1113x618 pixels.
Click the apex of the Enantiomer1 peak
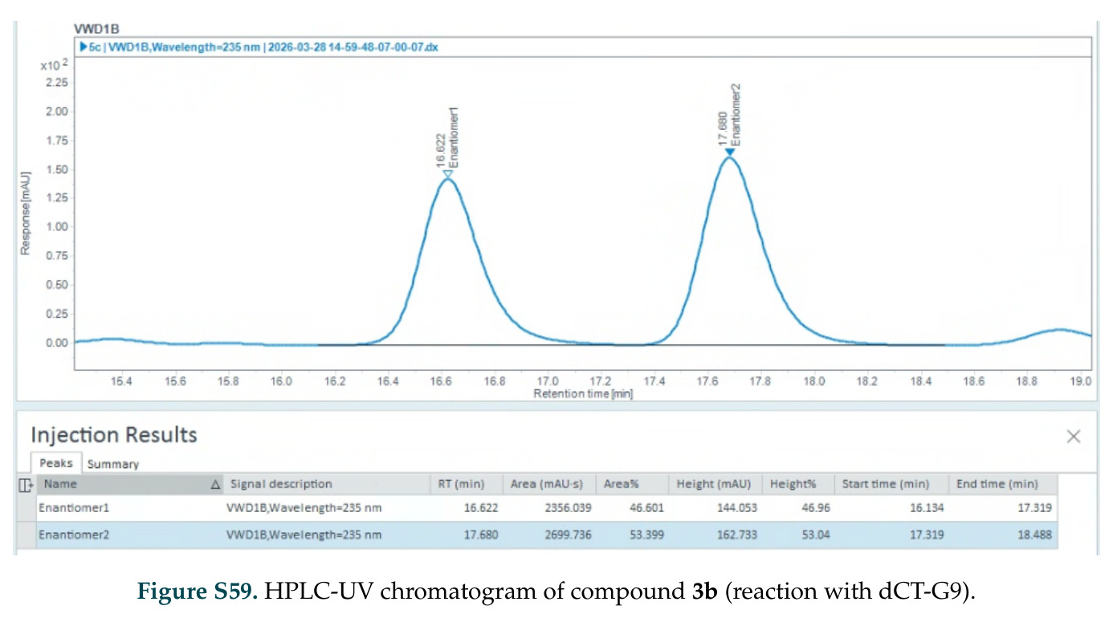coord(447,179)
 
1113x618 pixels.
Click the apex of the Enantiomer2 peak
coord(729,157)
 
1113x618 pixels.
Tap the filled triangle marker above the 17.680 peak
coord(729,152)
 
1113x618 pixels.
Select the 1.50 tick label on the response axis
coord(57,169)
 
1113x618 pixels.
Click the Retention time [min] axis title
coord(583,394)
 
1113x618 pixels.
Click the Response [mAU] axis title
coord(26,213)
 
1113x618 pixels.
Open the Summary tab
coord(112,464)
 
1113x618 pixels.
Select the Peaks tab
coord(56,463)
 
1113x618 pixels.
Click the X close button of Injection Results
coord(1073,436)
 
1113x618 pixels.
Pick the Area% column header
coord(621,484)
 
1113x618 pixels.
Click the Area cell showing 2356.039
coord(568,508)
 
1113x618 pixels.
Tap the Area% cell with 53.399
coord(646,535)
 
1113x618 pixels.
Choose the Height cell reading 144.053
coord(737,508)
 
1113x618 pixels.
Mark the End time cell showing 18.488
coord(1034,535)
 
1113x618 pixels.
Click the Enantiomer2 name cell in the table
coord(74,535)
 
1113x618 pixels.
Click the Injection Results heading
coord(114,435)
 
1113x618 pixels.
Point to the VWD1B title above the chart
coord(96,29)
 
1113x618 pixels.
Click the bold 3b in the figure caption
coord(704,591)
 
